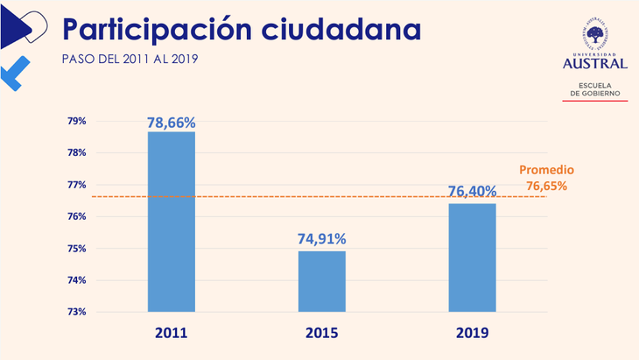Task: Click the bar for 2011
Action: (x=171, y=222)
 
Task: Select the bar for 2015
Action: (x=322, y=281)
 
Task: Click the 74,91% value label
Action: (x=322, y=238)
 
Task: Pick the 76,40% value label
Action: (x=472, y=191)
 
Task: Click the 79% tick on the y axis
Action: (x=77, y=121)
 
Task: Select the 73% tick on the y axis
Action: (x=77, y=312)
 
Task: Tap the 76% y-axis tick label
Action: (x=77, y=216)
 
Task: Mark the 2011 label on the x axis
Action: (x=171, y=334)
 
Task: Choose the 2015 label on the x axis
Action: (x=322, y=334)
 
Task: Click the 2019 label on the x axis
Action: (x=473, y=334)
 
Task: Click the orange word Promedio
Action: (x=547, y=170)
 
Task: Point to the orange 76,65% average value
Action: (x=546, y=186)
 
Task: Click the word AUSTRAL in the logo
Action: (x=596, y=63)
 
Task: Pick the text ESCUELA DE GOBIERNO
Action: (x=596, y=88)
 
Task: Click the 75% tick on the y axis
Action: (x=77, y=249)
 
